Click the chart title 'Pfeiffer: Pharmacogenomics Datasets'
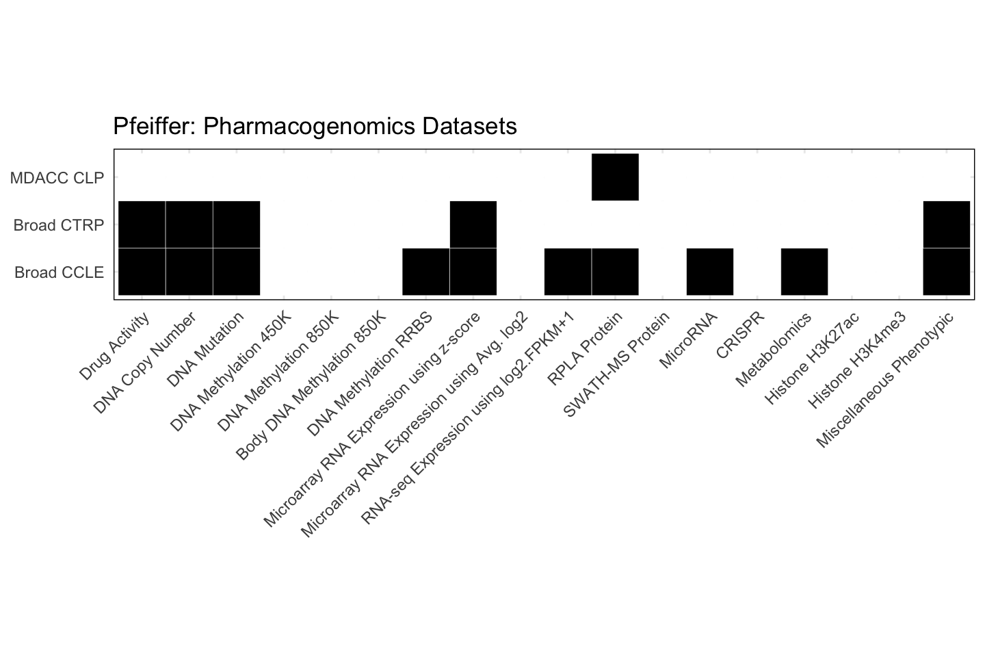315,127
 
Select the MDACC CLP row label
57,178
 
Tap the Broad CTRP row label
59,225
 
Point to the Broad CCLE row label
60,272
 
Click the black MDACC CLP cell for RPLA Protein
615,177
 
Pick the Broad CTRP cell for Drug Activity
142,224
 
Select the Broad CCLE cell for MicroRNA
709,272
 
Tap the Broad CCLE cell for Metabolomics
804,272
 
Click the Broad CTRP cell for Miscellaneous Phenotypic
946,224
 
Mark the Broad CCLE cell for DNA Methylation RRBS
425,272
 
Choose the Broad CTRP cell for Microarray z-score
473,224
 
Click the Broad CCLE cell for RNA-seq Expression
568,272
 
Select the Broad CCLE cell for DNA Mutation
236,272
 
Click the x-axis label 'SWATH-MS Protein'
616,364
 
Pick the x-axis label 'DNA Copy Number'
145,362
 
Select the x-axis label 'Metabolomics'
774,349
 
